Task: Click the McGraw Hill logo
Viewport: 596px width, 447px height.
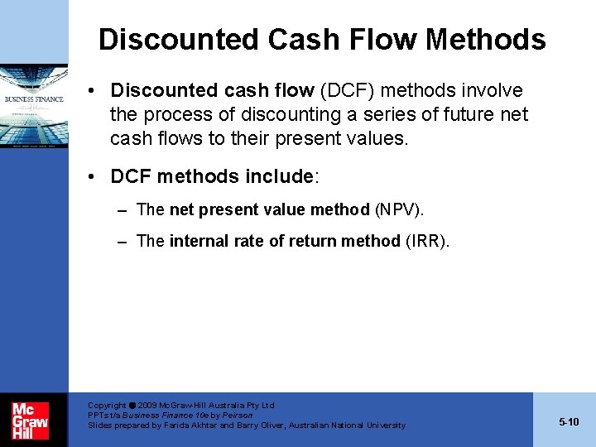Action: (30, 421)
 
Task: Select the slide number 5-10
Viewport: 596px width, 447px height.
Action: (569, 421)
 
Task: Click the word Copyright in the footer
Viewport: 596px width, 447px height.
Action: (107, 406)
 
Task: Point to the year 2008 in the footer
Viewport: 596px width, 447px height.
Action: (150, 406)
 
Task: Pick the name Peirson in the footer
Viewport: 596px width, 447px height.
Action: (238, 415)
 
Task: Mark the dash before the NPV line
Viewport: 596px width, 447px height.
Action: (122, 210)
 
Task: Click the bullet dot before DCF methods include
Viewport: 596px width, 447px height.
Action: (98, 176)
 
